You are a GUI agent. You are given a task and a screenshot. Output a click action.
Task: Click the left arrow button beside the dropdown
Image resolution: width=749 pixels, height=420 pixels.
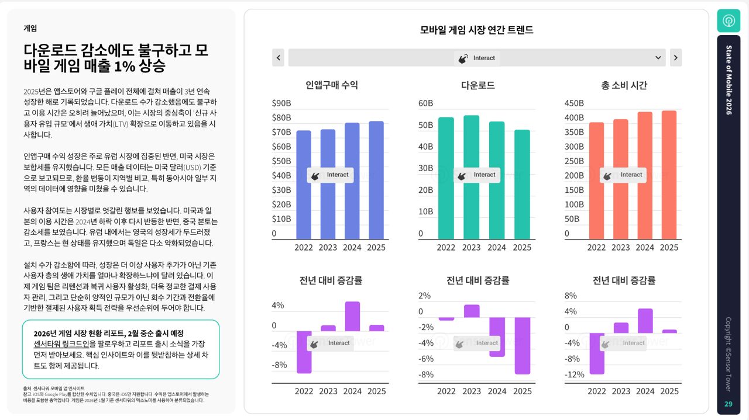[x=279, y=58]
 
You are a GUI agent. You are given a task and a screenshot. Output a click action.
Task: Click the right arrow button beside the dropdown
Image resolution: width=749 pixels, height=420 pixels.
[x=675, y=58]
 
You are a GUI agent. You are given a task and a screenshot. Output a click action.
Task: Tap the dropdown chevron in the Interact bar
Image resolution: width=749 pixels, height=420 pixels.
[x=659, y=58]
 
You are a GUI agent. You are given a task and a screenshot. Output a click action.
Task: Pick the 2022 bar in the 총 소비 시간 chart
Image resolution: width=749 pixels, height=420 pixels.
[x=596, y=181]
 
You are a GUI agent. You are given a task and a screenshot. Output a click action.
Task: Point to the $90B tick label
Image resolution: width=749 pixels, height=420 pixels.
[x=281, y=103]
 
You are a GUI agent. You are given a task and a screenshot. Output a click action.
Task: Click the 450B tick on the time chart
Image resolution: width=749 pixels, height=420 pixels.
[x=574, y=103]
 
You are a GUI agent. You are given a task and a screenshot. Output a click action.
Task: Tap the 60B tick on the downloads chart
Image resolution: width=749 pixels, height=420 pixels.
[x=425, y=103]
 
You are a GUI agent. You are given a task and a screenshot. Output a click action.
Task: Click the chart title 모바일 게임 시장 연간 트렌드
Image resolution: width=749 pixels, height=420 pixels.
[x=476, y=30]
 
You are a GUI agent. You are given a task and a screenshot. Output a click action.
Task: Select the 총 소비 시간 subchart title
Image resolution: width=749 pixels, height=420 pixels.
[x=624, y=85]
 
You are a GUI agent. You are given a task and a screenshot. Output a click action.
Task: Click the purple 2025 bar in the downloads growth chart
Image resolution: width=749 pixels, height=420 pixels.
[x=523, y=346]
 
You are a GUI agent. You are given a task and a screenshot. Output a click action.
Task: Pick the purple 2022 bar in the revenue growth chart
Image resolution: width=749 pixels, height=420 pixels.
[x=304, y=352]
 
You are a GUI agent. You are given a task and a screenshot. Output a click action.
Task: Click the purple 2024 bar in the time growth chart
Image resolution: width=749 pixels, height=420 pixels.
[x=645, y=321]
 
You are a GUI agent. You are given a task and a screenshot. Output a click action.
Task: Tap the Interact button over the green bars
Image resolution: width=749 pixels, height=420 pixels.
[x=477, y=175]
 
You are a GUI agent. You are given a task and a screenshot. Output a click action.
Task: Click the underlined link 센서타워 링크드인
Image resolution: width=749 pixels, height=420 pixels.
[x=64, y=344]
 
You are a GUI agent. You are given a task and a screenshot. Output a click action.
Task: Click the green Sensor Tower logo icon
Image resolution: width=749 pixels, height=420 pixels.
[x=729, y=21]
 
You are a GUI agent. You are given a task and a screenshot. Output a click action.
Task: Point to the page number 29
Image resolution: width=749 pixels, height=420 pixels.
[x=729, y=404]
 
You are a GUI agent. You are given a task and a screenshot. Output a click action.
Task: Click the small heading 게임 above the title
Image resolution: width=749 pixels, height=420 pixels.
[x=30, y=28]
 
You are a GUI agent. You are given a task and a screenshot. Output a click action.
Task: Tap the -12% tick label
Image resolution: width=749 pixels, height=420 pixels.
[x=574, y=374]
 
